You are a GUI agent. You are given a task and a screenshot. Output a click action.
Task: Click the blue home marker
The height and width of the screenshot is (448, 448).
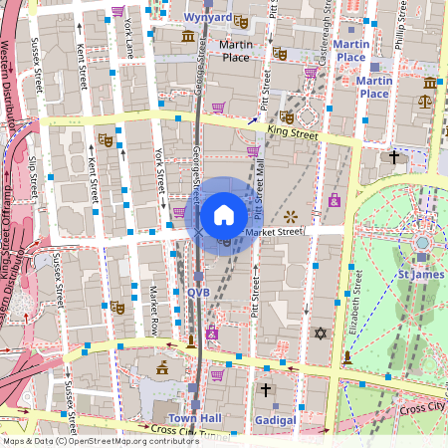pyautogui.click(x=224, y=215)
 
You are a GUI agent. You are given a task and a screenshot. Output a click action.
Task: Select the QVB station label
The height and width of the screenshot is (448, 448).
pyautogui.click(x=198, y=292)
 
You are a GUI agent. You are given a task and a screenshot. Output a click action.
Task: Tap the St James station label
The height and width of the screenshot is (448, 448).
pyautogui.click(x=419, y=275)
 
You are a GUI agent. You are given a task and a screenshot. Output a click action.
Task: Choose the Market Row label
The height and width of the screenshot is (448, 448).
pyautogui.click(x=154, y=311)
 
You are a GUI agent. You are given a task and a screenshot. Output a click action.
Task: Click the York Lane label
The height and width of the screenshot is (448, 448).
pyautogui.click(x=127, y=40)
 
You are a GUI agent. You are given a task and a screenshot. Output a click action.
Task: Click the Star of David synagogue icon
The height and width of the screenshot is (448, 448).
pyautogui.click(x=321, y=333)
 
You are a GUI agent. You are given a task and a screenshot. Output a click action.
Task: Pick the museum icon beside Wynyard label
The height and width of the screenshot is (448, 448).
pyautogui.click(x=188, y=37)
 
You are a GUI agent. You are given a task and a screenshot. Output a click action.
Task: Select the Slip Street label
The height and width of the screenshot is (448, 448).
pyautogui.click(x=34, y=171)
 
